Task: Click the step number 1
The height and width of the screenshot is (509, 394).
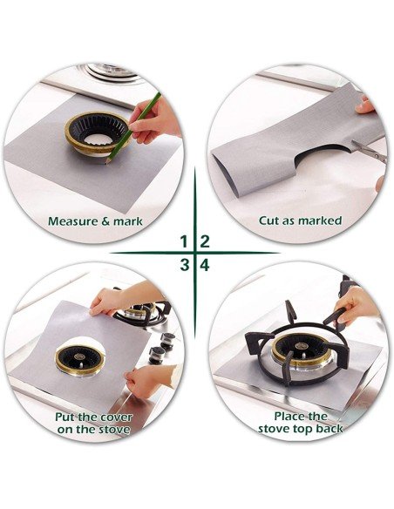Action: [184, 241]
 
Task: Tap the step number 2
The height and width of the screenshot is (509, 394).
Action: [205, 241]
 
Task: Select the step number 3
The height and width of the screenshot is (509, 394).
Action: [184, 265]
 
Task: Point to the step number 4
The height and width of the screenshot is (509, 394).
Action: [205, 265]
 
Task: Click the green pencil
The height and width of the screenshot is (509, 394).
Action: [133, 128]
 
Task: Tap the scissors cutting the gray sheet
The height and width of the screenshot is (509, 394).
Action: [370, 151]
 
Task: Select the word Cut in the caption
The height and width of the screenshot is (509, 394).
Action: [268, 221]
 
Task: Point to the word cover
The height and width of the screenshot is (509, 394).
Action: [117, 417]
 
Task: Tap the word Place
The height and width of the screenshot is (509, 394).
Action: [288, 416]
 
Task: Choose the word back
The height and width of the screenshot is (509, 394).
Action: [329, 429]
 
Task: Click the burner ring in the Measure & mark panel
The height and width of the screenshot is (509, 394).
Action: [97, 133]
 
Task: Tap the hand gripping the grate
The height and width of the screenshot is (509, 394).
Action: [356, 306]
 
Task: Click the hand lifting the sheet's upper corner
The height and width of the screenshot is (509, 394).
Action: [107, 301]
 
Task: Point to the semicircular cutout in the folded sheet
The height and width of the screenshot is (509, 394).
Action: [322, 156]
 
